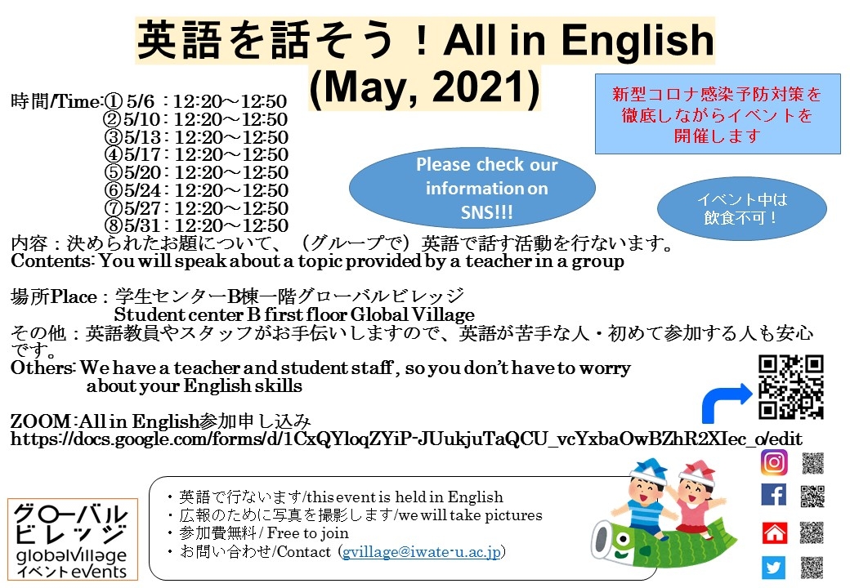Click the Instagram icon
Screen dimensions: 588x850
click(774, 462)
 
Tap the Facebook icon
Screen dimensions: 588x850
click(774, 495)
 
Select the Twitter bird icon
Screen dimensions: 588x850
click(774, 568)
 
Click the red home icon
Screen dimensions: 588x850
click(774, 532)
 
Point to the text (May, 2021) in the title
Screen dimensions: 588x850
click(425, 89)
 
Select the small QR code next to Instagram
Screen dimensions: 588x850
click(812, 463)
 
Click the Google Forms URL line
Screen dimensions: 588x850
click(405, 439)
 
